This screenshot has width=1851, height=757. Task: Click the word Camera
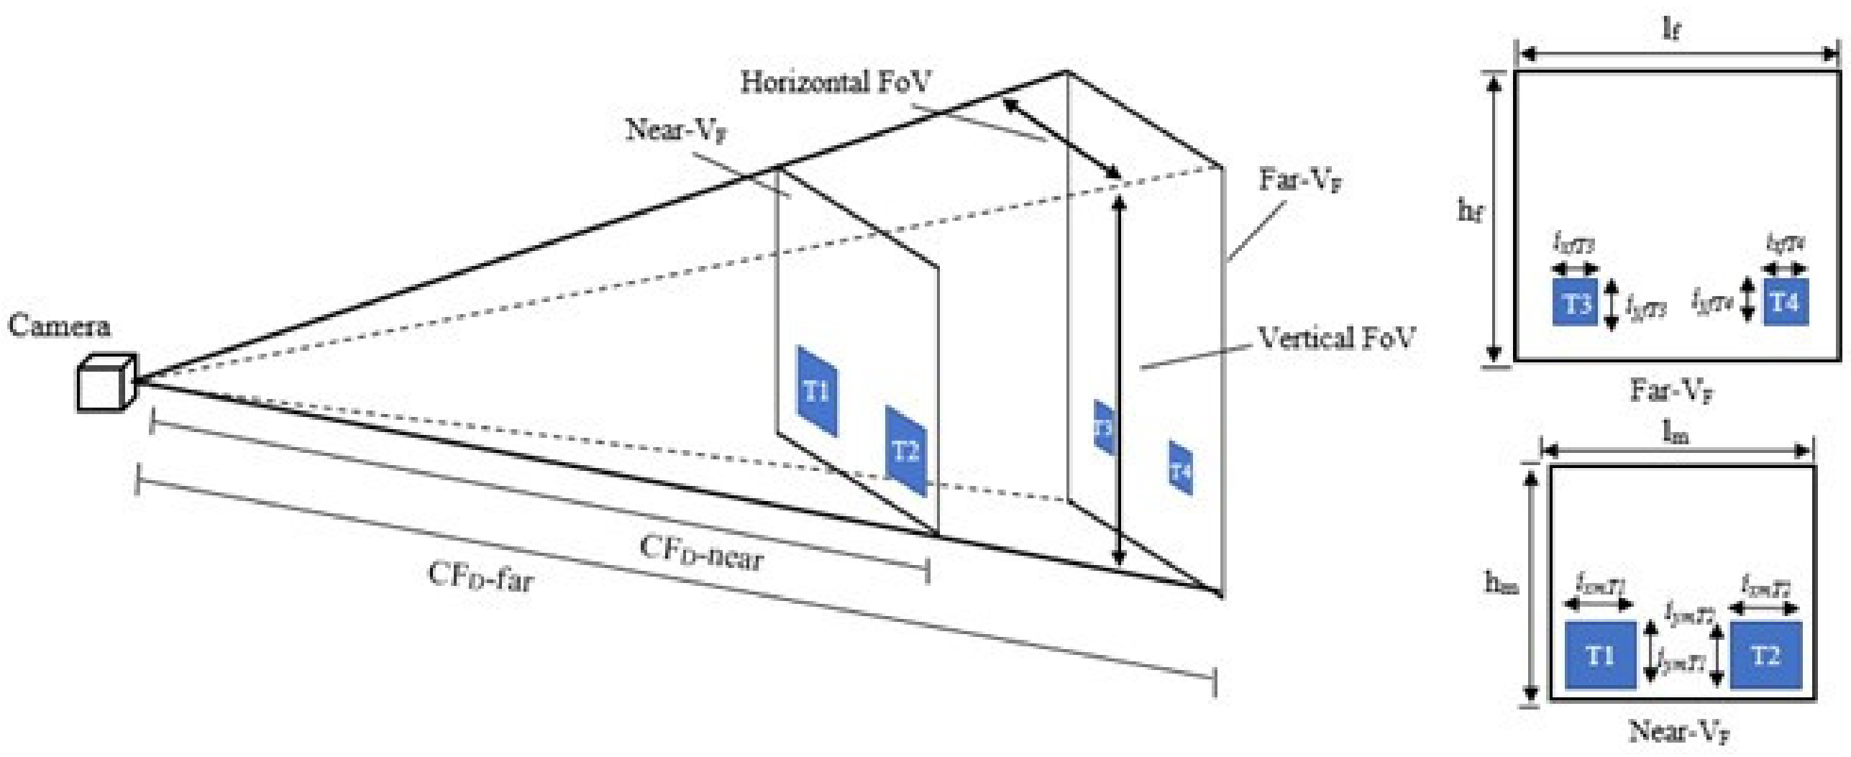59,327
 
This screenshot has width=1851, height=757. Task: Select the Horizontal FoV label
836,83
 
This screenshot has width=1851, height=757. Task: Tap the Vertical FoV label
1335,337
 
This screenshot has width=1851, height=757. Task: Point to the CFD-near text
701,554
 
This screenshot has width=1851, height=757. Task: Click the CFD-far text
480,576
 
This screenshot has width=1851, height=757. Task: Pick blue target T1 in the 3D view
817,392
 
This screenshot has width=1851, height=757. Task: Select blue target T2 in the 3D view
906,451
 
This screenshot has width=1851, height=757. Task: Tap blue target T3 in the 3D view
1104,428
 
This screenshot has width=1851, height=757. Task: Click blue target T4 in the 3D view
1180,469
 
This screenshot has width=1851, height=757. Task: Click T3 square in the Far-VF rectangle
1575,303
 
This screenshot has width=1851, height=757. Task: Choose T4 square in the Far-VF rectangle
1785,303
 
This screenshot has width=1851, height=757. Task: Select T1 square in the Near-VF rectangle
1600,656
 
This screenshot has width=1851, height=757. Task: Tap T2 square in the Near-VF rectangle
1765,656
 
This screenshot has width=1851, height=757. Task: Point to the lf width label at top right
1673,29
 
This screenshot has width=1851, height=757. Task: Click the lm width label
1676,433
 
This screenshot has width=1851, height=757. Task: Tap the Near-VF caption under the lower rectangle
1678,732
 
